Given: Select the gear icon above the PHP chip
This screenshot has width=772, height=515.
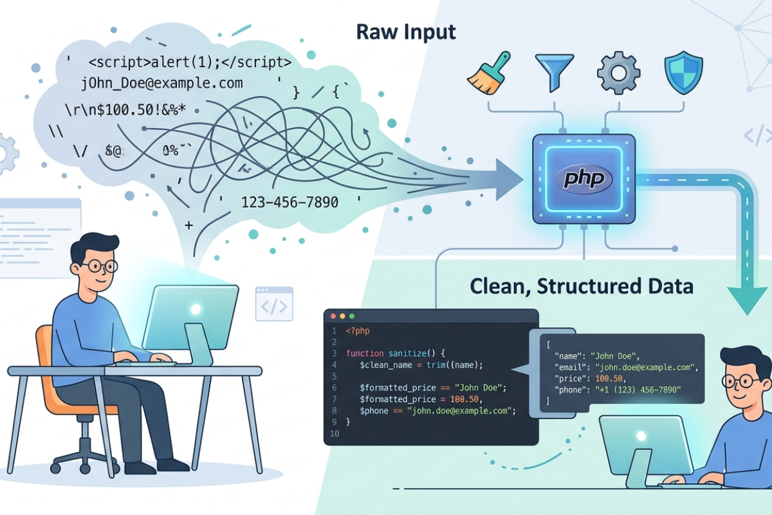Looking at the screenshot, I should click(618, 73).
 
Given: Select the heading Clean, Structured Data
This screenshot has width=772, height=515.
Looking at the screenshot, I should click(581, 286).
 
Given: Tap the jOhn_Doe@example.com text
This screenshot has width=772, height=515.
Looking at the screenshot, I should click(162, 82).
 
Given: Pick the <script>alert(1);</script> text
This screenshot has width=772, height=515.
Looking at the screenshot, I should click(190, 63).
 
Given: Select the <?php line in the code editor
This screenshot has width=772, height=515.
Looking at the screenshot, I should click(358, 331).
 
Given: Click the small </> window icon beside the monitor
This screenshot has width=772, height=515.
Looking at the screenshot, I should click(273, 304).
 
